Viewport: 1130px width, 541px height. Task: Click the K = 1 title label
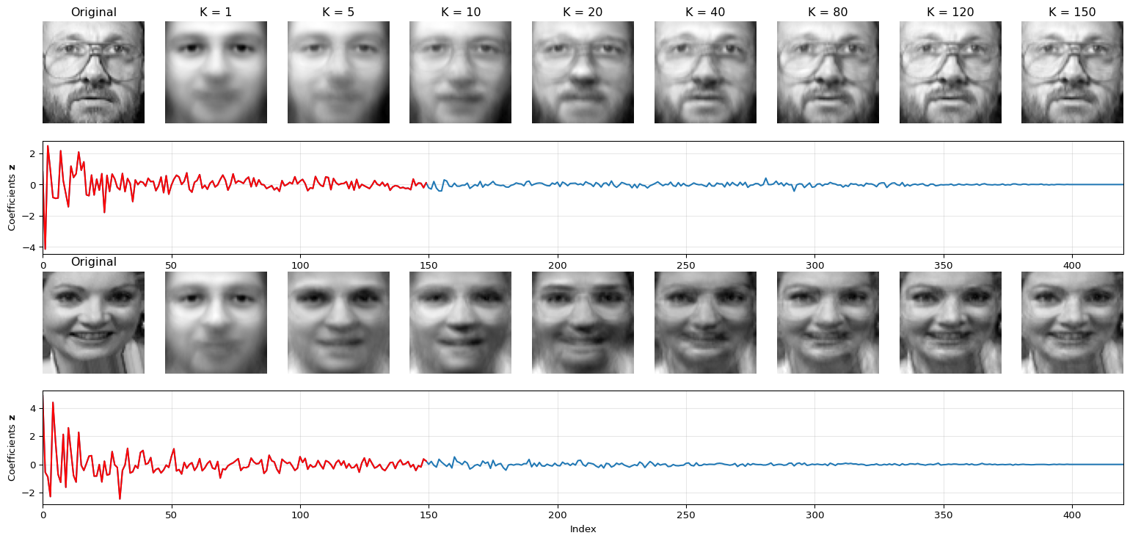[x=216, y=12]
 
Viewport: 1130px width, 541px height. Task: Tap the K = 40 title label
[x=705, y=12]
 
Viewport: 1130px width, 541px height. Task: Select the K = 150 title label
[x=1072, y=12]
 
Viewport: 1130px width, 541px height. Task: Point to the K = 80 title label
[x=828, y=12]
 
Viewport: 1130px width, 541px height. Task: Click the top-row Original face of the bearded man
[x=93, y=72]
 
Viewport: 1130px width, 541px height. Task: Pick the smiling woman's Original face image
[x=93, y=322]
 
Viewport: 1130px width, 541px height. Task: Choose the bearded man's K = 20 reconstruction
[x=583, y=72]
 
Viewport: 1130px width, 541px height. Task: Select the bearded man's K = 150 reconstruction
[x=1072, y=72]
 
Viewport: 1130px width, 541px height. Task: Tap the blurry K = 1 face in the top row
[x=216, y=72]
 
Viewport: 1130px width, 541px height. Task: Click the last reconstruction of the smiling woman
[x=1072, y=322]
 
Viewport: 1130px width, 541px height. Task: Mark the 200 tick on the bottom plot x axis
[x=558, y=514]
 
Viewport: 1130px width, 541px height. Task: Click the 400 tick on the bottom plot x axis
[x=1072, y=514]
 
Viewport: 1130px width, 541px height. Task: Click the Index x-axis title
[x=583, y=529]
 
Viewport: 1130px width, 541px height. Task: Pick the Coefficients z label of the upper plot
[x=12, y=197]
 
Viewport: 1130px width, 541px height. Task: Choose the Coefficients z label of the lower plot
[x=12, y=448]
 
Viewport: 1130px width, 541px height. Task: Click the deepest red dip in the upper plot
[x=45, y=249]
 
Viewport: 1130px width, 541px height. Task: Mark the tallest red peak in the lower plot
[x=53, y=402]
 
